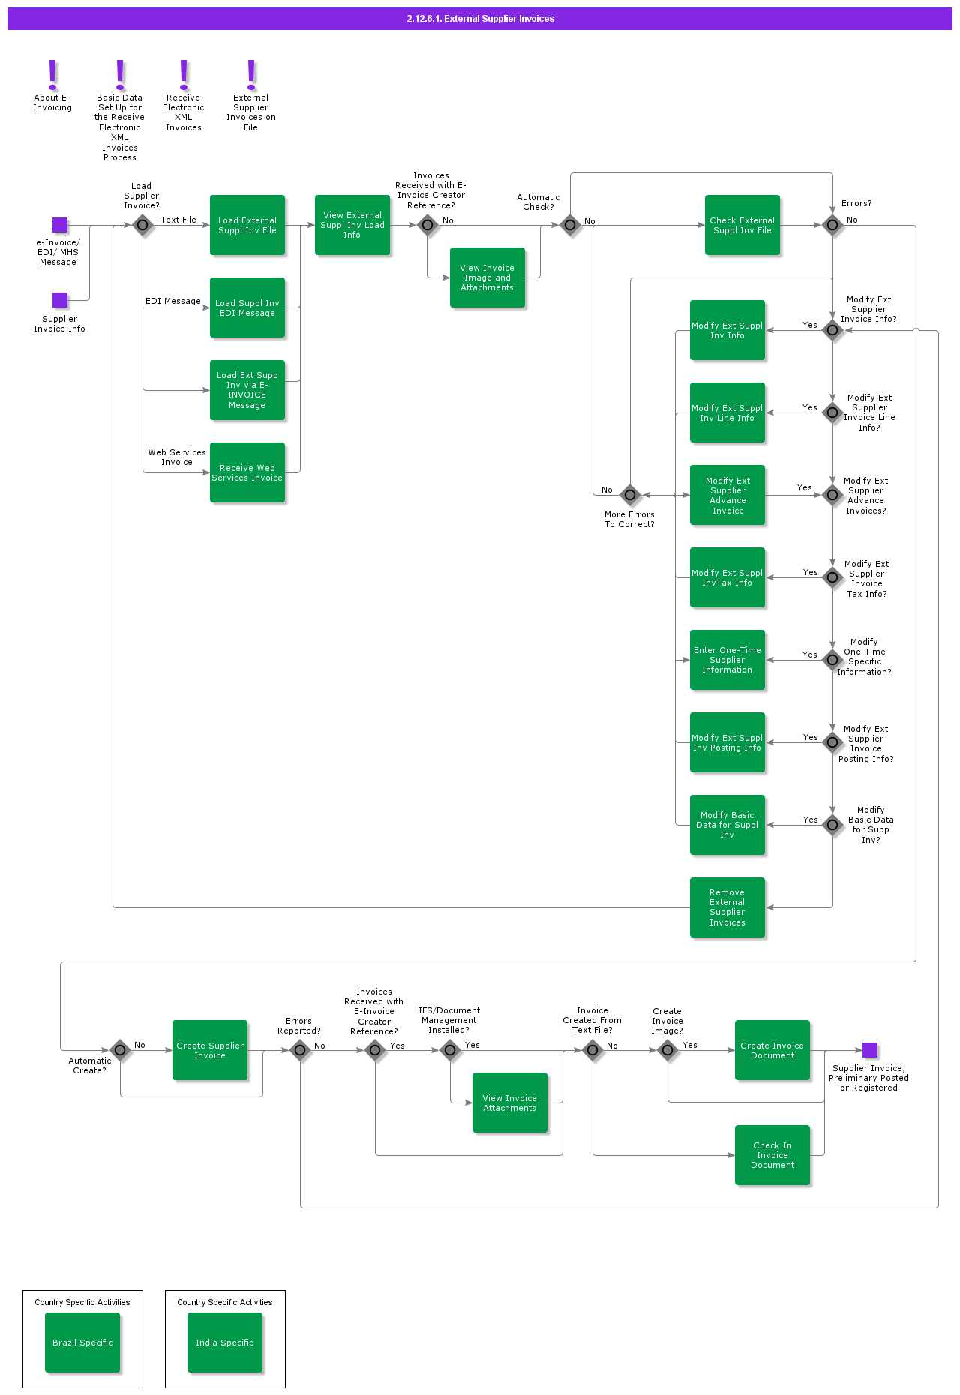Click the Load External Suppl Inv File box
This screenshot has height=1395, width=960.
(247, 225)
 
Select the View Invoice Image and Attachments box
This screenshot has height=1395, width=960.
(487, 277)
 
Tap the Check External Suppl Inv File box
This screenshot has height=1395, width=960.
(742, 225)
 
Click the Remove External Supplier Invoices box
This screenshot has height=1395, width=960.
(727, 907)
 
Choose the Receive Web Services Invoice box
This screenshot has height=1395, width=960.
(247, 472)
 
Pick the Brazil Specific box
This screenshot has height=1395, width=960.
(82, 1342)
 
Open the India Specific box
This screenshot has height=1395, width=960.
(225, 1342)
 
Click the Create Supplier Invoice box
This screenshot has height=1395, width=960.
(210, 1050)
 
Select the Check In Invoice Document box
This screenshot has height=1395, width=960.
(772, 1155)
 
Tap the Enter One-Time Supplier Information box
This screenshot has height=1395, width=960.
(727, 660)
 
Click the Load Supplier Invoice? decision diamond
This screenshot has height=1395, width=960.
(142, 225)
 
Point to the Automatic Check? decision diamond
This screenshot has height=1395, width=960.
(570, 225)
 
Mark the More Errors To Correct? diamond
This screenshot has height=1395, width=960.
(630, 495)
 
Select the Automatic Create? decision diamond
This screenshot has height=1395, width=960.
(120, 1050)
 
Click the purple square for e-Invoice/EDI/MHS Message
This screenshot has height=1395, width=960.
(60, 225)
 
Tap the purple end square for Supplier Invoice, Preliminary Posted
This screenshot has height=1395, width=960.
(870, 1050)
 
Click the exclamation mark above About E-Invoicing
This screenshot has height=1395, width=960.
(52, 74)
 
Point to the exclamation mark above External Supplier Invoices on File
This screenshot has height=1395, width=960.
(251, 74)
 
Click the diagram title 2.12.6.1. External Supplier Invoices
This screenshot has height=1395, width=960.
(480, 19)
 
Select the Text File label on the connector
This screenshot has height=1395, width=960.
(178, 220)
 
